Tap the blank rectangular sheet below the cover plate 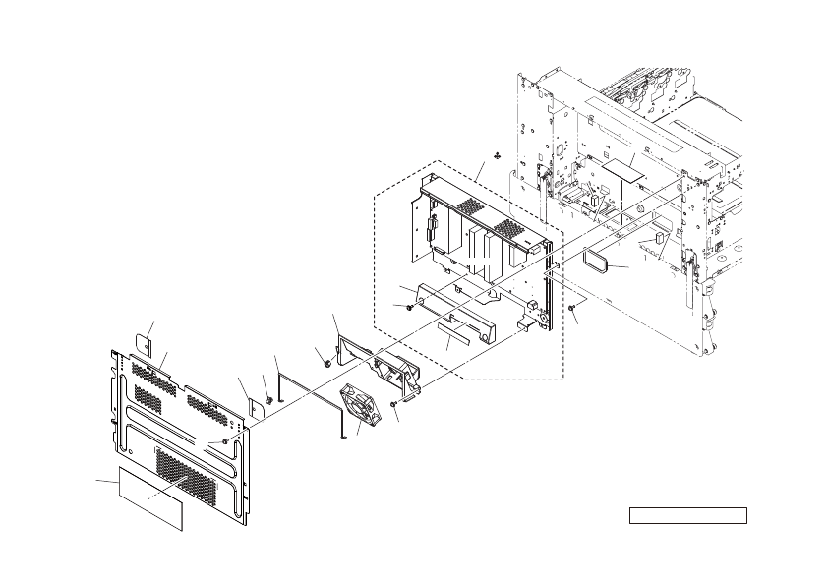151,497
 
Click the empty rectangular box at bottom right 687,515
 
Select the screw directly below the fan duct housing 393,404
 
